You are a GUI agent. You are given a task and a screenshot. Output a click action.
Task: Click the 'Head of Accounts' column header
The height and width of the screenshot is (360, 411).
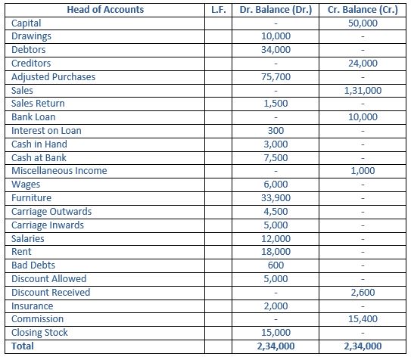(x=105, y=10)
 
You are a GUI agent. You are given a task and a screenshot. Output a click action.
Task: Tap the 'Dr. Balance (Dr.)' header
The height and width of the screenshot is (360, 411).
(x=275, y=10)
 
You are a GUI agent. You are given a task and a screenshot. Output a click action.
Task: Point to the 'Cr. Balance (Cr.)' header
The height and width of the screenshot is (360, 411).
(x=363, y=10)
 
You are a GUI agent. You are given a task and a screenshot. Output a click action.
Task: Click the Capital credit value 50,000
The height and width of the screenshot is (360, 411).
(x=363, y=23)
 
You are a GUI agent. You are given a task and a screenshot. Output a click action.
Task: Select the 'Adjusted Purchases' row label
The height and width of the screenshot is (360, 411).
(x=53, y=77)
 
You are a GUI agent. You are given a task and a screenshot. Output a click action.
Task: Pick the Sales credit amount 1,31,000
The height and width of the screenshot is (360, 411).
(x=363, y=90)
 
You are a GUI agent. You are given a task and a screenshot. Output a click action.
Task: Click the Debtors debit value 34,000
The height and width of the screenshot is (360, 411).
(x=275, y=50)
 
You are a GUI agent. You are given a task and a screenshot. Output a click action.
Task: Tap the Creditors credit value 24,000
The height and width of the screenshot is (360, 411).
(x=363, y=64)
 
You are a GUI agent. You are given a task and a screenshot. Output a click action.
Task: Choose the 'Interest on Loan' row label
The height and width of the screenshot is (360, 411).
(x=46, y=131)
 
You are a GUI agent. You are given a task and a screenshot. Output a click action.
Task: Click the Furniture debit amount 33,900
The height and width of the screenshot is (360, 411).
(x=275, y=198)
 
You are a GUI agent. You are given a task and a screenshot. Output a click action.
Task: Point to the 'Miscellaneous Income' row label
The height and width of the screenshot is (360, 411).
(x=59, y=171)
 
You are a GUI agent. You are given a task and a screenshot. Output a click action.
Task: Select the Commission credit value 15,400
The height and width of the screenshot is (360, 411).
(x=363, y=319)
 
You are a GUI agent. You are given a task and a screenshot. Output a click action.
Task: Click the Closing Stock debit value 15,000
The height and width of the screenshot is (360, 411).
(x=275, y=333)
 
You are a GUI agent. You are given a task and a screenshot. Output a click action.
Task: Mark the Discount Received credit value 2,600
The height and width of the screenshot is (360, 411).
(x=363, y=293)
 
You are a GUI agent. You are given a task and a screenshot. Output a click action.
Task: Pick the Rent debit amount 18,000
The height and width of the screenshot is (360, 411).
(x=275, y=252)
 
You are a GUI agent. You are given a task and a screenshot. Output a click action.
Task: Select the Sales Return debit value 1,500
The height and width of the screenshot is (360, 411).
(x=275, y=104)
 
